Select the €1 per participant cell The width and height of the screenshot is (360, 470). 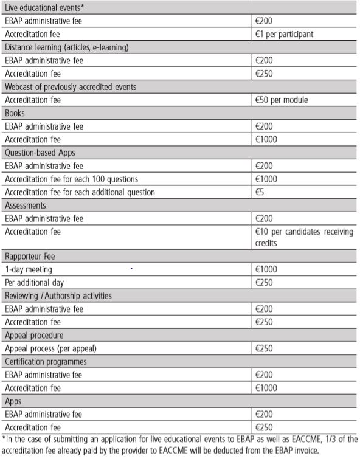coord(284,34)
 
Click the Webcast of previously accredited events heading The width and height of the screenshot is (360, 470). coord(70,87)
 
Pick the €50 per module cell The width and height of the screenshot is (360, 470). coord(282,100)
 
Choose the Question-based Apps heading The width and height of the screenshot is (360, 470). coord(40,153)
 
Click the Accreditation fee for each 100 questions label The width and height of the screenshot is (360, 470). coord(71,179)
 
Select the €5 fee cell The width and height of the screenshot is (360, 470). coord(260,192)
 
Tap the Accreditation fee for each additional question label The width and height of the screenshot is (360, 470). coord(80,192)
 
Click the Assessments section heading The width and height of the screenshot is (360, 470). coord(25,206)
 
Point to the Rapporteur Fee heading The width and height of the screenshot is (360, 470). coord(30,256)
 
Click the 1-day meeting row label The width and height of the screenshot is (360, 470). coord(28,269)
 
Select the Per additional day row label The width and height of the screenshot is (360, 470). coord(34,283)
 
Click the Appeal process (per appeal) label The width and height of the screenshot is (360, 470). coord(50,348)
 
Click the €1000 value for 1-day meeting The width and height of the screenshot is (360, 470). coord(266,269)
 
